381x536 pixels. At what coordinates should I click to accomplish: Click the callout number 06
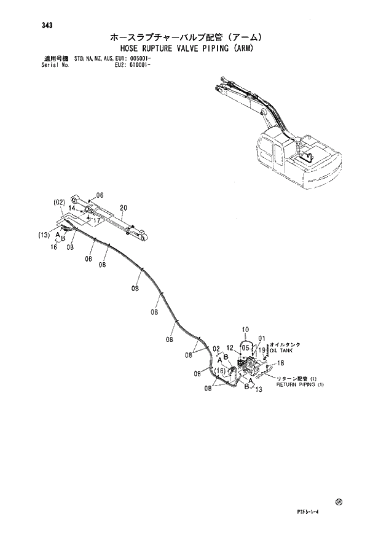(100, 196)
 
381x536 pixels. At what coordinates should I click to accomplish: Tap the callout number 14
(72, 208)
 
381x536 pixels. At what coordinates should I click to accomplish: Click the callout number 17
(96, 219)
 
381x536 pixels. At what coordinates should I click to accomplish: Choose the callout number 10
(244, 330)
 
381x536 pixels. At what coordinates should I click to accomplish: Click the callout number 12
(230, 349)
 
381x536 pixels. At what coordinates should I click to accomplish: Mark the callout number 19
(262, 350)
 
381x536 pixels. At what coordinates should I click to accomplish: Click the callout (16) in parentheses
(220, 370)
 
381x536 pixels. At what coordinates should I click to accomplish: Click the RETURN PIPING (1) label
(299, 384)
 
